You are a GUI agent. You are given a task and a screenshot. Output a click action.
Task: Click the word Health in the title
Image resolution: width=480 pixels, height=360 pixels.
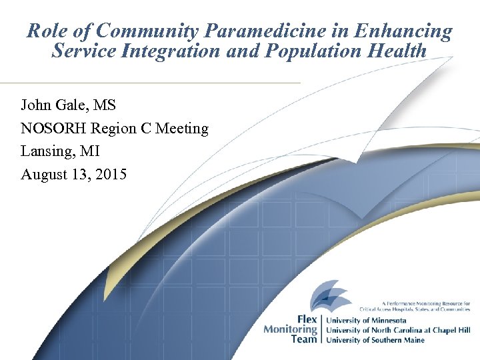pyautogui.click(x=399, y=50)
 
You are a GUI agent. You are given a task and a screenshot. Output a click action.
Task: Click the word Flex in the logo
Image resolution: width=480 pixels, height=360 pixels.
pyautogui.click(x=305, y=319)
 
